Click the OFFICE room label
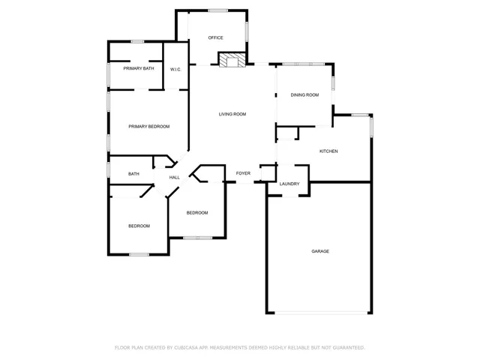pos(216,37)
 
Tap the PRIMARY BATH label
pos(139,69)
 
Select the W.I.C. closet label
pos(175,70)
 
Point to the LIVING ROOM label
pos(232,114)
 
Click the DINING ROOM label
pos(305,95)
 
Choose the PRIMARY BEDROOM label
pos(148,127)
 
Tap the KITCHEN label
pos(328,151)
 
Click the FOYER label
pos(243,174)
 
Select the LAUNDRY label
pos(289,184)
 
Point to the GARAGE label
pos(320,251)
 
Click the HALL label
pos(174,178)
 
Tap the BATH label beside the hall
pos(133,174)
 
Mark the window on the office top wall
pos(218,10)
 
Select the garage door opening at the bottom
pos(318,313)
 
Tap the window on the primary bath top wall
pos(137,41)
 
